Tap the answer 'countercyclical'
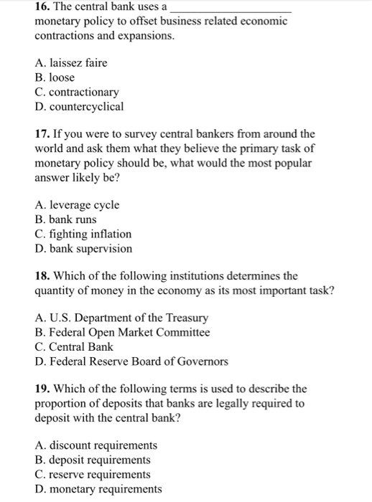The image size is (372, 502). [79, 106]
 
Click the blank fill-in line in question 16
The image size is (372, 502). [231, 9]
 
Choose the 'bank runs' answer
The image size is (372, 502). [65, 219]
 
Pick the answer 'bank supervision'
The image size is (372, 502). [83, 249]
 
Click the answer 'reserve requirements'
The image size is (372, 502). [93, 474]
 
